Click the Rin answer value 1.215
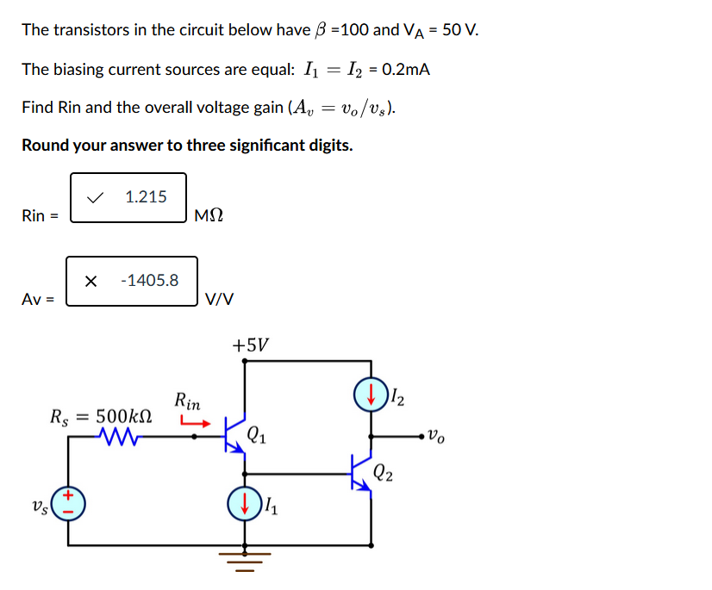tap(146, 197)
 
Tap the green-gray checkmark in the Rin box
tap(97, 198)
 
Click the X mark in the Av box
tap(91, 281)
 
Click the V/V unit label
tap(219, 299)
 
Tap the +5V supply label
tap(250, 345)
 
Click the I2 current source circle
tap(371, 396)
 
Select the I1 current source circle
tap(245, 503)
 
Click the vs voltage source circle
tap(69, 503)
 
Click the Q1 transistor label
tap(257, 435)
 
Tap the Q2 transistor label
tap(385, 472)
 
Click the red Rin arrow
tap(195, 422)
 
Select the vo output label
tap(438, 438)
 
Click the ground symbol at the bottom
tap(245, 561)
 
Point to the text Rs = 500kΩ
tap(103, 417)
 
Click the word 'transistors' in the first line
tap(91, 30)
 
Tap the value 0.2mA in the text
tap(403, 69)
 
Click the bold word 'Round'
tap(45, 145)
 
